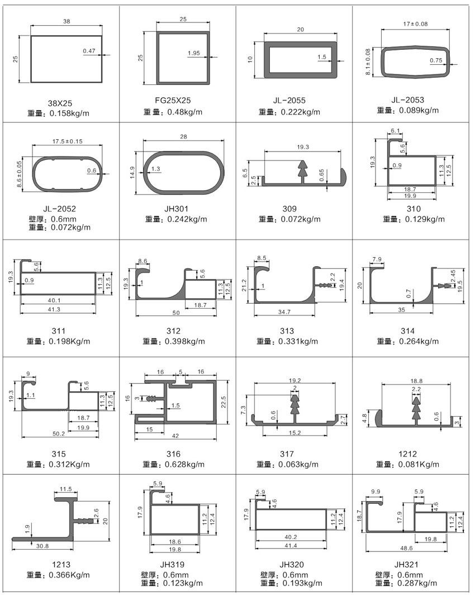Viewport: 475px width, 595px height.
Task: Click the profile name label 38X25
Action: coord(60,103)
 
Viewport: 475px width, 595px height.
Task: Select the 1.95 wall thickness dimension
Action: coord(194,53)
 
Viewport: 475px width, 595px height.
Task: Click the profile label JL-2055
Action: coord(289,101)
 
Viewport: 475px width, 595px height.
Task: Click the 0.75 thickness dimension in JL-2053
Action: coord(436,60)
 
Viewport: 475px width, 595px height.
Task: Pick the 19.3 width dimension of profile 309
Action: coord(303,147)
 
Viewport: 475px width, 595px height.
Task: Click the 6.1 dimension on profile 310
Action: coord(395,131)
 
